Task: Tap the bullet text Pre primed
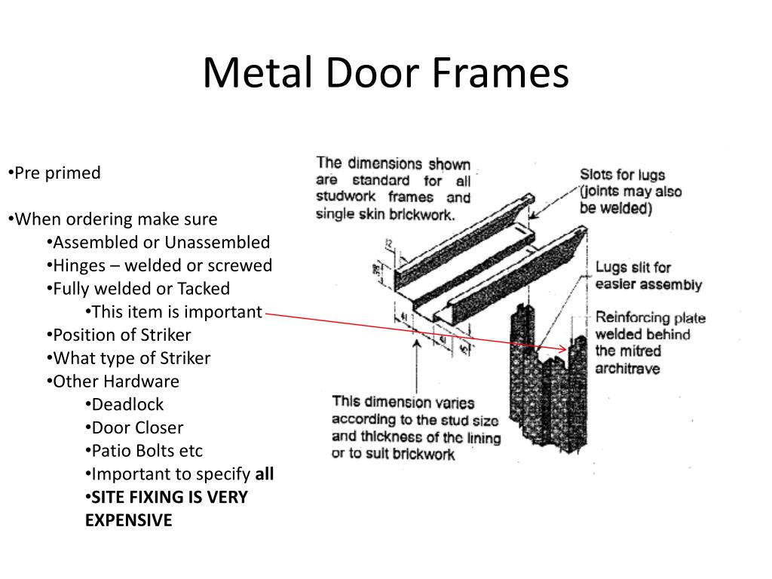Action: (57, 173)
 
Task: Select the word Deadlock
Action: (127, 404)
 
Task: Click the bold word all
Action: (265, 474)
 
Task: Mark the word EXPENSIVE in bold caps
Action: (128, 520)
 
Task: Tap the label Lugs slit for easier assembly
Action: (648, 276)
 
